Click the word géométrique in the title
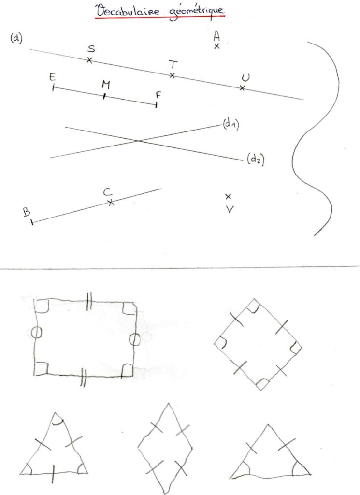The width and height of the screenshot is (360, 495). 197,12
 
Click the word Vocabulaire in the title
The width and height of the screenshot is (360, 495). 128,12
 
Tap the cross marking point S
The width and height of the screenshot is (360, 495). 89,60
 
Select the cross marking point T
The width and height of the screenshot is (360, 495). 172,75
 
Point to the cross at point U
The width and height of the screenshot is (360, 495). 242,88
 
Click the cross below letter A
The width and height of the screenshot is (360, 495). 217,46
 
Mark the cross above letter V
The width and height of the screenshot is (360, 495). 228,196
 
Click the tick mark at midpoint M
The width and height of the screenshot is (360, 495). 104,96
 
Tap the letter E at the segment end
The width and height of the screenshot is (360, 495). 52,77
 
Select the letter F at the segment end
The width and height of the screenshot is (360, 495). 158,95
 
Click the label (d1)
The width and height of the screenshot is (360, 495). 231,124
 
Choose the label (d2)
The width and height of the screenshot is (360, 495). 256,159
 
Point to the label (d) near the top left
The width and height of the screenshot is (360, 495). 16,39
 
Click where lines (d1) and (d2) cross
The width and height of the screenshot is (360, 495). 138,141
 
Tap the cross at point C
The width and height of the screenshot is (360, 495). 110,203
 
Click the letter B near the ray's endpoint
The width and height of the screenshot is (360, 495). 27,212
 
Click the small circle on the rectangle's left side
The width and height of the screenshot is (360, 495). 37,333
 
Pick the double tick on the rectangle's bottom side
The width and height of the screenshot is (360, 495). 83,378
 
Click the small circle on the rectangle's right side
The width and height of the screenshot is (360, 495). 134,339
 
